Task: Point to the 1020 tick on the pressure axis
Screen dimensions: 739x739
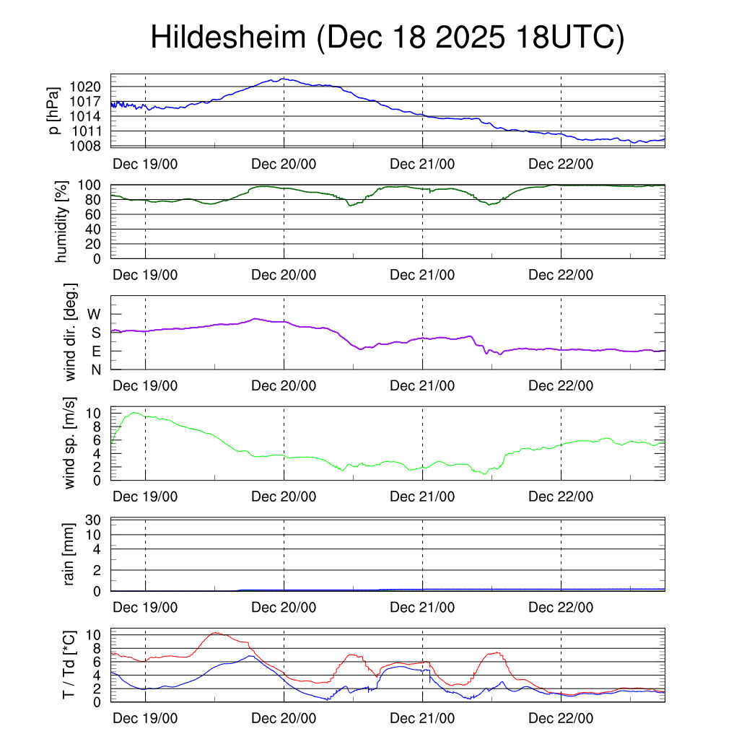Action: (90, 87)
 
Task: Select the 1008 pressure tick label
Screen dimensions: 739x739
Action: (90, 147)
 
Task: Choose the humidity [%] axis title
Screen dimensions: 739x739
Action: (62, 222)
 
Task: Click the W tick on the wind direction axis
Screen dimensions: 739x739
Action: (95, 315)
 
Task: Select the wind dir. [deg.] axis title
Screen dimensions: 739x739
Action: (71, 333)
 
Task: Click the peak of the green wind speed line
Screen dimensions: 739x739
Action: (134, 413)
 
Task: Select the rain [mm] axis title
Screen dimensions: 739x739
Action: (71, 554)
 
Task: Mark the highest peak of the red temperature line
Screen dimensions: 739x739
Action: (215, 633)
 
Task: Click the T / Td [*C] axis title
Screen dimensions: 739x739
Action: (69, 665)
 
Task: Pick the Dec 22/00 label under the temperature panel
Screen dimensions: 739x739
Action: (561, 719)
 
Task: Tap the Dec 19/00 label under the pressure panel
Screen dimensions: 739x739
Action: (145, 164)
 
